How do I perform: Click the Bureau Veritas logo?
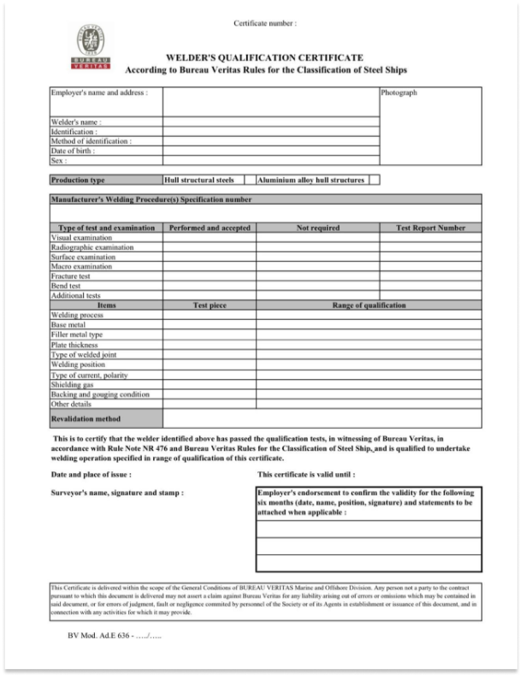(90, 47)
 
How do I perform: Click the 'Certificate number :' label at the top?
(265, 23)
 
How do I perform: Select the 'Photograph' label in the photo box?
(399, 93)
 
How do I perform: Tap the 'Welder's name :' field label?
(76, 122)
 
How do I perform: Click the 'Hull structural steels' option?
(199, 181)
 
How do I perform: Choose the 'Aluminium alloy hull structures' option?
(311, 181)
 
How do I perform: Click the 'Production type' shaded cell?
(78, 181)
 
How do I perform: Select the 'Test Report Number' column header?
(431, 228)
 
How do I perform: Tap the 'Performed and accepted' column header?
(210, 228)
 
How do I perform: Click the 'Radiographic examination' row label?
(92, 247)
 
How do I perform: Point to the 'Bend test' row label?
(66, 286)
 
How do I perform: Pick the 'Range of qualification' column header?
(369, 305)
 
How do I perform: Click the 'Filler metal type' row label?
(77, 335)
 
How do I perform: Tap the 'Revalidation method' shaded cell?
(86, 418)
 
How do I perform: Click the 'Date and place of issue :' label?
(92, 474)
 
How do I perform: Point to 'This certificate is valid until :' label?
(305, 474)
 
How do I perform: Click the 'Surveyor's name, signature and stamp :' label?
(118, 494)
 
